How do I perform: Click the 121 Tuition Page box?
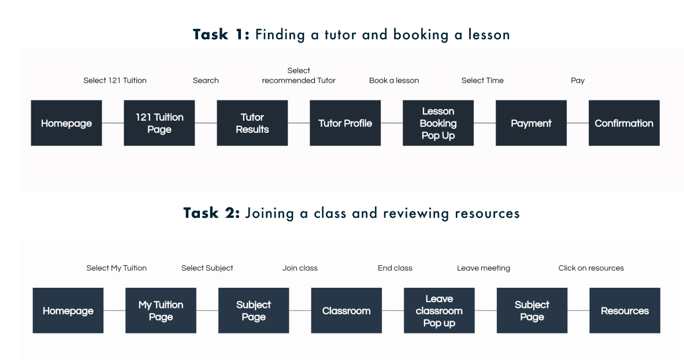pyautogui.click(x=159, y=123)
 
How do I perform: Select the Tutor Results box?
pyautogui.click(x=252, y=123)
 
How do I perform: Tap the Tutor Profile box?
pyautogui.click(x=345, y=123)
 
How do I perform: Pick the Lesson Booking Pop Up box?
pyautogui.click(x=438, y=123)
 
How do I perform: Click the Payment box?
pyautogui.click(x=531, y=123)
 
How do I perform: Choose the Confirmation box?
pyautogui.click(x=624, y=123)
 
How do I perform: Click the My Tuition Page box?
pyautogui.click(x=161, y=311)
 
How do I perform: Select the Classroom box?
pyautogui.click(x=346, y=311)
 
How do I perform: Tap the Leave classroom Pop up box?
pyautogui.click(x=439, y=311)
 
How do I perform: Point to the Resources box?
pyautogui.click(x=624, y=311)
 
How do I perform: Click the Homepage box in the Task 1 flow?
pyautogui.click(x=66, y=123)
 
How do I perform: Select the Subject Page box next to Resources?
pyautogui.click(x=532, y=311)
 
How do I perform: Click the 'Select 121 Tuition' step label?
pyautogui.click(x=115, y=80)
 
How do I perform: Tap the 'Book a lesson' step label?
pyautogui.click(x=394, y=80)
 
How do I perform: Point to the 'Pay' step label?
pyautogui.click(x=578, y=80)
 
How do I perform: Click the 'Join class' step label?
pyautogui.click(x=300, y=268)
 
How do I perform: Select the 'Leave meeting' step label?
pyautogui.click(x=484, y=268)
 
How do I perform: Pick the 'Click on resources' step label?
pyautogui.click(x=591, y=268)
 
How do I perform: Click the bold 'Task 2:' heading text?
pyautogui.click(x=211, y=213)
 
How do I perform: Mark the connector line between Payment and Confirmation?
pyautogui.click(x=578, y=123)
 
